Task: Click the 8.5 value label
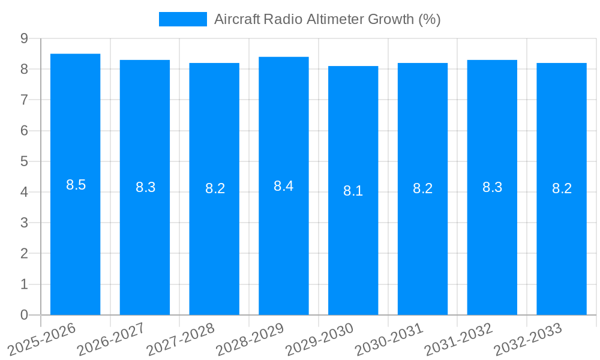click(76, 185)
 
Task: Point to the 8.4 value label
click(283, 186)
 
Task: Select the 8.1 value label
click(353, 191)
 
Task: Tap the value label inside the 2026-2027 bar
click(145, 187)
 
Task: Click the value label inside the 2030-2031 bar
click(422, 188)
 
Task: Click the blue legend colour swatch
click(182, 19)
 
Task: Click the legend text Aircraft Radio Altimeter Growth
click(327, 19)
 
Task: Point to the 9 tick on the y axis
click(25, 38)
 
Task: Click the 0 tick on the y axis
click(25, 315)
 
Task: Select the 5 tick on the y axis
click(25, 161)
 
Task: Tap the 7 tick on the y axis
click(25, 100)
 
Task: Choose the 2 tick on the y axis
click(25, 254)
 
